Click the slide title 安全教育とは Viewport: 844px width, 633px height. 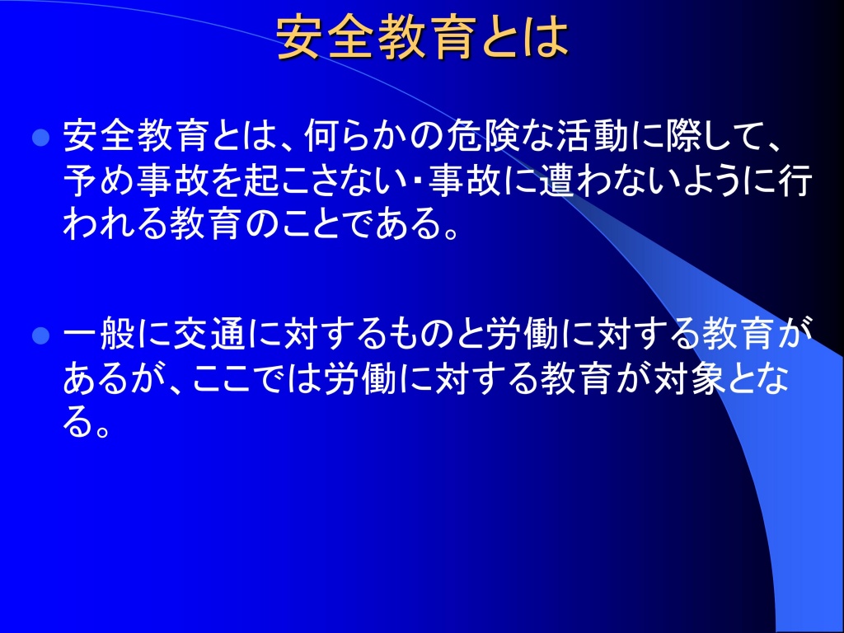point(423,37)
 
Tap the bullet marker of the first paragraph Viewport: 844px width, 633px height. point(41,138)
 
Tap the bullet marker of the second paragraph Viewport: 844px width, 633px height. point(41,336)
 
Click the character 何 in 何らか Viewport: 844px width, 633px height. point(322,135)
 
